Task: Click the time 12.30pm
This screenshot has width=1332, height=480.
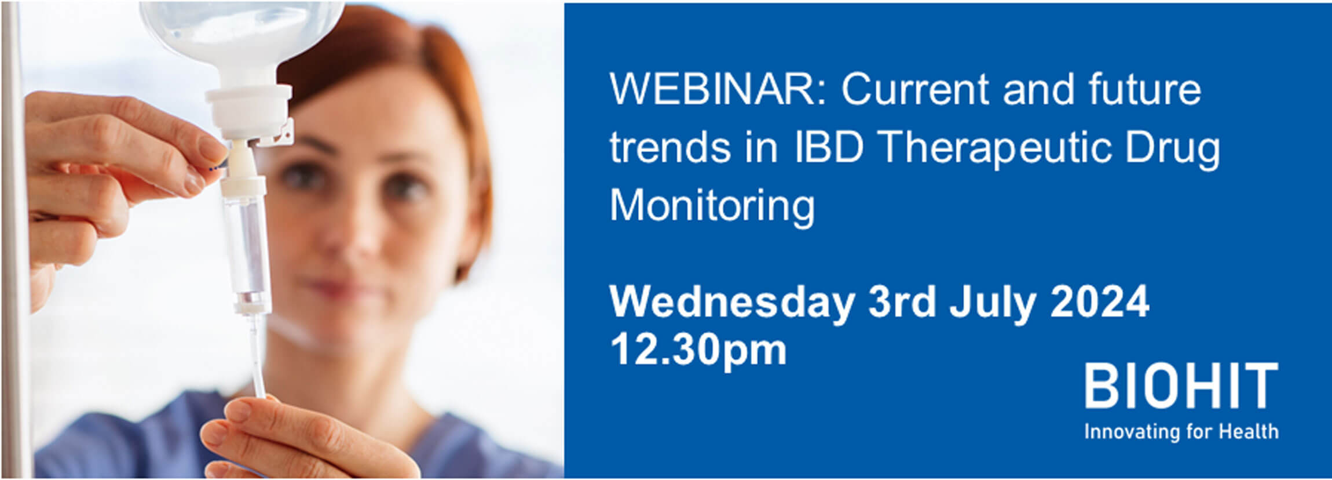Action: point(698,350)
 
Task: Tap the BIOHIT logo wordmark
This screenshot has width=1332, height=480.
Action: point(1181,386)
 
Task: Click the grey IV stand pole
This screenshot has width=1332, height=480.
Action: point(16,240)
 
